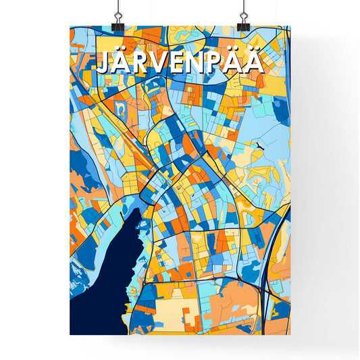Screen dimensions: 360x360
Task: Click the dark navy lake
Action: click(x=101, y=284)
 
